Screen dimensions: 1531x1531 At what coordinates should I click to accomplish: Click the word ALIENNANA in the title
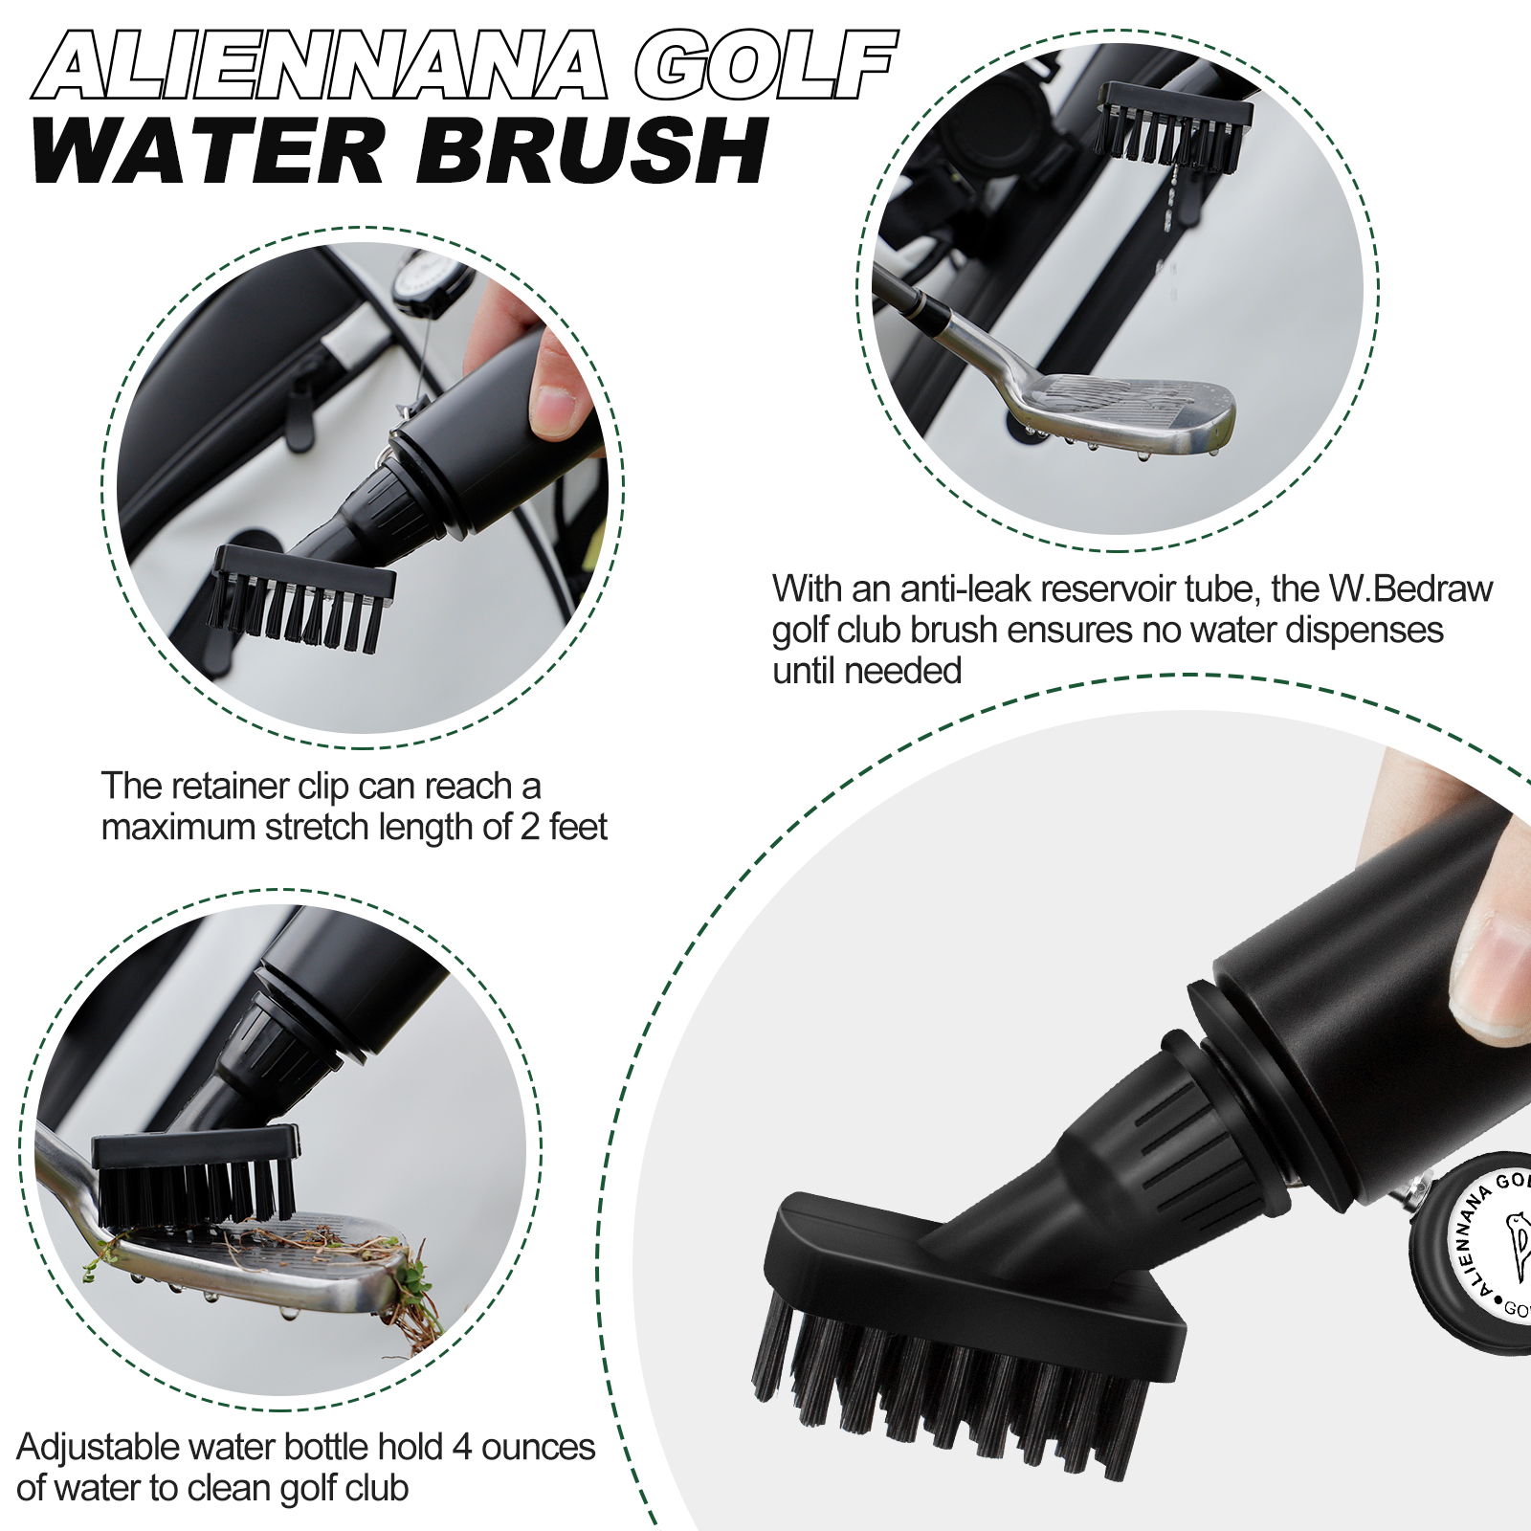[321, 65]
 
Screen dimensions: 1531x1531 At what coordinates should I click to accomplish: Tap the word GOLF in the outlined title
[765, 65]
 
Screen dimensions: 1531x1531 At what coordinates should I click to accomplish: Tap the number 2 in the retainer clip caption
[530, 827]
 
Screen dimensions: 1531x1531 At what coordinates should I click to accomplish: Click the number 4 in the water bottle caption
[462, 1447]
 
